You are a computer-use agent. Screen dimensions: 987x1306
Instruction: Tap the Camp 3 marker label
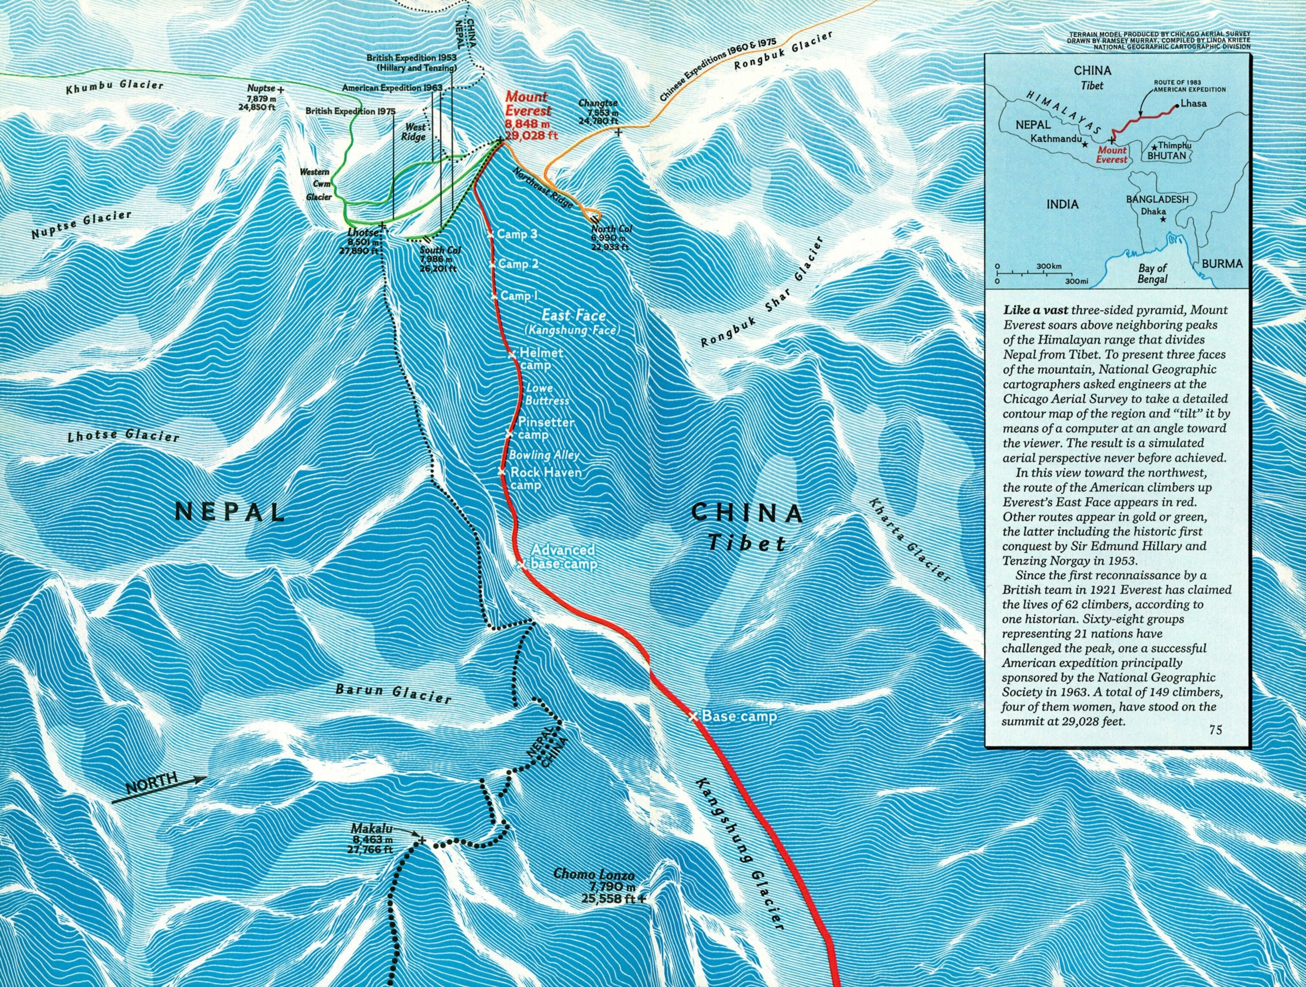click(x=517, y=234)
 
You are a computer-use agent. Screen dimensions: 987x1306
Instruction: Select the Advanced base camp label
click(x=563, y=557)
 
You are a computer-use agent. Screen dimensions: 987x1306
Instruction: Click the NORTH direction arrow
click(x=158, y=787)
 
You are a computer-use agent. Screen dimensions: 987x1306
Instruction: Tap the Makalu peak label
click(x=372, y=829)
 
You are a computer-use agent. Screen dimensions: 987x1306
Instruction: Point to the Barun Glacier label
click(x=393, y=694)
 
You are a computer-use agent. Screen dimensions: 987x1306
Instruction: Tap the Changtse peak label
click(x=598, y=103)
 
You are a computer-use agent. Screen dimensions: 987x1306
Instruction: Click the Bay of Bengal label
click(x=1152, y=273)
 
